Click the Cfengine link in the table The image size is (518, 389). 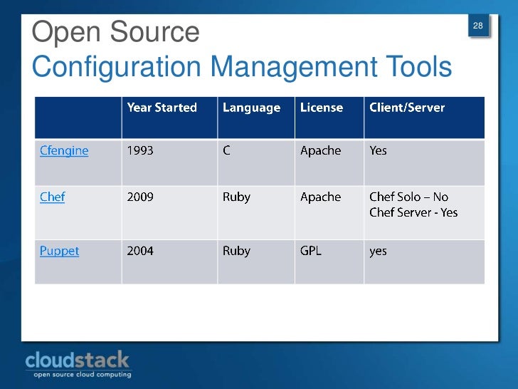click(64, 151)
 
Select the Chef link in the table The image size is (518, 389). click(52, 197)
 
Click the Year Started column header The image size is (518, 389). click(162, 108)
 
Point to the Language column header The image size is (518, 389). click(251, 108)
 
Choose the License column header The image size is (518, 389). click(322, 108)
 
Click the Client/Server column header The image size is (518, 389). click(407, 108)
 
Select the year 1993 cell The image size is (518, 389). click(140, 151)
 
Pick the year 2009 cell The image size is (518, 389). click(140, 197)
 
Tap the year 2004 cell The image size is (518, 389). click(140, 251)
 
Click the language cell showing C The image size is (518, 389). click(226, 151)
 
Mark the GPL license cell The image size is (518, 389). click(311, 251)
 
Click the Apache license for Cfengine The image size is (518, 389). click(320, 151)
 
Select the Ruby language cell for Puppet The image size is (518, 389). click(236, 251)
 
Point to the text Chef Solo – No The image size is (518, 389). click(409, 197)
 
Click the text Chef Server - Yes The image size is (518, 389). click(413, 212)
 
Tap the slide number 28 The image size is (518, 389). click(478, 26)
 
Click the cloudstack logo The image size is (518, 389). click(78, 363)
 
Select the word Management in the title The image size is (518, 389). click(293, 68)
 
